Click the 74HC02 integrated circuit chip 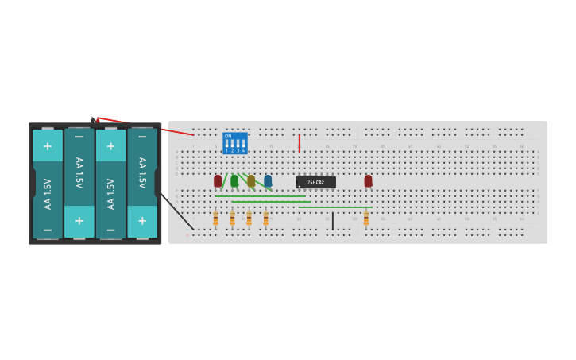pyautogui.click(x=315, y=182)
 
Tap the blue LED pyautogui.click(x=268, y=180)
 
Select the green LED pyautogui.click(x=234, y=180)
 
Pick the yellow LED pyautogui.click(x=251, y=180)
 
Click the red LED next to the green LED pyautogui.click(x=218, y=180)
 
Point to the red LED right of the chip pyautogui.click(x=368, y=180)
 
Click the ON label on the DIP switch pyautogui.click(x=228, y=136)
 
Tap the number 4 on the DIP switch pyautogui.click(x=243, y=150)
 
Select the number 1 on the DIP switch pyautogui.click(x=226, y=150)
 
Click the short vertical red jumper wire pyautogui.click(x=299, y=143)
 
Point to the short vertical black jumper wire pyautogui.click(x=332, y=221)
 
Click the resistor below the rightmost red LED pyautogui.click(x=365, y=219)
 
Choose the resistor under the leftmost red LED pyautogui.click(x=215, y=219)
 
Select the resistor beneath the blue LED pyautogui.click(x=265, y=219)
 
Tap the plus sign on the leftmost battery pyautogui.click(x=48, y=146)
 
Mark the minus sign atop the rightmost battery pyautogui.click(x=142, y=137)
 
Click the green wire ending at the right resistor pyautogui.click(x=334, y=207)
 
